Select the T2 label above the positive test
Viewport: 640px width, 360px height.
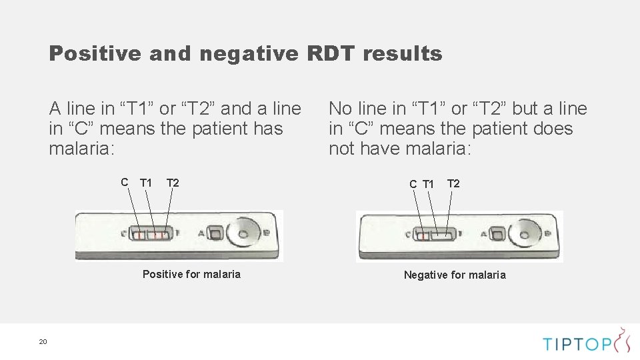coord(173,183)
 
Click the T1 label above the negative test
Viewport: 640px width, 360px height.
coord(428,184)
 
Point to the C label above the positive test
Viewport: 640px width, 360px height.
coord(125,182)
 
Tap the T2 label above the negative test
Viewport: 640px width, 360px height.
coord(453,183)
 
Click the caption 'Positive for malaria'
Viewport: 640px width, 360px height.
coord(191,274)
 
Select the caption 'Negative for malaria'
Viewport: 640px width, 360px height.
coord(455,275)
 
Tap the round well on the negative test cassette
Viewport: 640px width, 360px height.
coord(524,233)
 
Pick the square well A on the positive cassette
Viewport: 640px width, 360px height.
coord(215,233)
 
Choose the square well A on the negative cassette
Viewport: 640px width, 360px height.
coord(497,233)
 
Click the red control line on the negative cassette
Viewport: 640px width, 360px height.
coord(423,235)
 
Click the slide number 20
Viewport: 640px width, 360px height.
coord(43,342)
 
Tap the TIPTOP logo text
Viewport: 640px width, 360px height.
coord(576,343)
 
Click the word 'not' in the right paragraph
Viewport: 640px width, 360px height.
coord(342,149)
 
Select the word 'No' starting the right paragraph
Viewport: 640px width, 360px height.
coord(340,109)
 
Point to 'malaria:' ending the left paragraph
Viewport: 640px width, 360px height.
coord(82,149)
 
